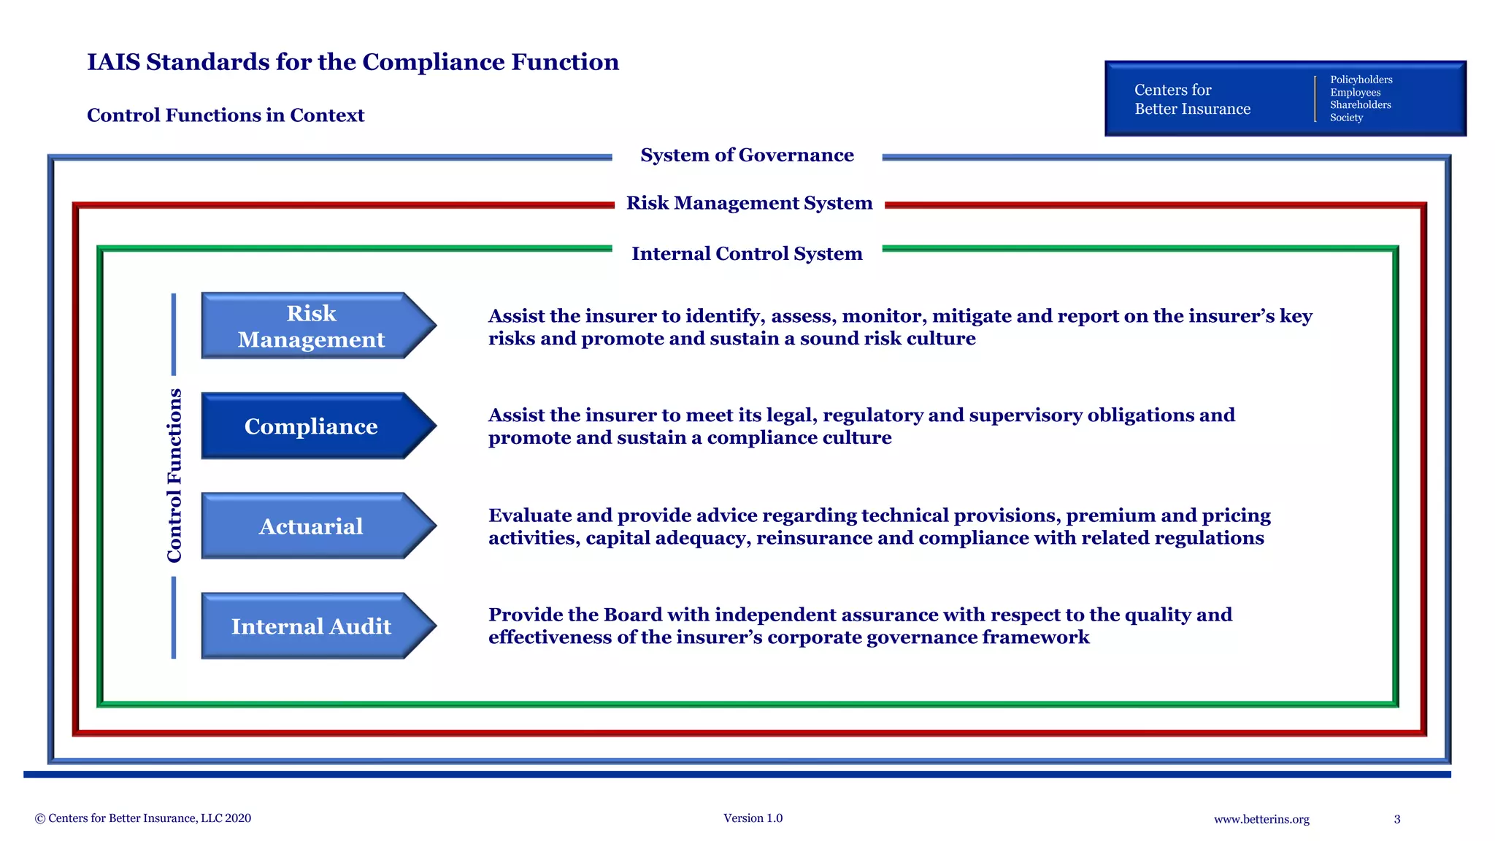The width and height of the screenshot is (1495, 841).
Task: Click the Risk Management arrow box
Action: coord(312,326)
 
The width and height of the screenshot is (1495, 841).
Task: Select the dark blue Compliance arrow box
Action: coord(312,426)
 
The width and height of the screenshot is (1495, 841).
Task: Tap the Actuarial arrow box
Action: coord(312,526)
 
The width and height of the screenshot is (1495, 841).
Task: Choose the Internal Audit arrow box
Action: coord(312,626)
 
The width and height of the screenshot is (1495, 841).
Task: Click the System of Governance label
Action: coord(747,155)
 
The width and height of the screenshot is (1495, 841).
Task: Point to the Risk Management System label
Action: coord(749,203)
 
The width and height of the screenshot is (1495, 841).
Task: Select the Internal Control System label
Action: coord(747,253)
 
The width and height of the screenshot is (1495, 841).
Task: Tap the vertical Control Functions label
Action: coord(174,475)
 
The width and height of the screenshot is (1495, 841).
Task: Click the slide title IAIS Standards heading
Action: coord(353,62)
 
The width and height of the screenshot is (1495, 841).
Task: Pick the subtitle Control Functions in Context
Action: coord(225,115)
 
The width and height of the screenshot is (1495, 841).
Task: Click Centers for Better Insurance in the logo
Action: coord(1191,99)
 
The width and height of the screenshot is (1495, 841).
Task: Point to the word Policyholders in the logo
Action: coord(1361,80)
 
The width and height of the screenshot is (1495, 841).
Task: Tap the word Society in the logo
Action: coord(1346,118)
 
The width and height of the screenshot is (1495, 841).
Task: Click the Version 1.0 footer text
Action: coord(753,818)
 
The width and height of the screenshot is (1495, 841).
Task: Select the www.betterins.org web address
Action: coord(1261,819)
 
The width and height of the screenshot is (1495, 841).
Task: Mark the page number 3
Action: coord(1397,819)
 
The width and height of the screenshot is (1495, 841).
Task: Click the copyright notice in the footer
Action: coord(143,818)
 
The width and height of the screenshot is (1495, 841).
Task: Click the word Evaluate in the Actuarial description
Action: coord(530,515)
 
